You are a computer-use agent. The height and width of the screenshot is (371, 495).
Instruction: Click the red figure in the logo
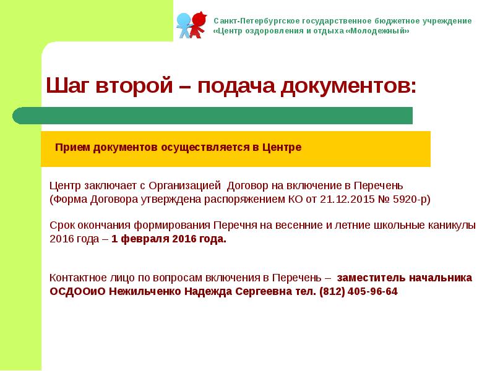198,23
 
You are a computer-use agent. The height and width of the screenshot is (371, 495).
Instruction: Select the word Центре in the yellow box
282,148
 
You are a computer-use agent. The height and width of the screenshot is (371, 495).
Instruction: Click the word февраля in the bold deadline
146,239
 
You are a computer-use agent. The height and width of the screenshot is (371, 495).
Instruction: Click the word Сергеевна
255,291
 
